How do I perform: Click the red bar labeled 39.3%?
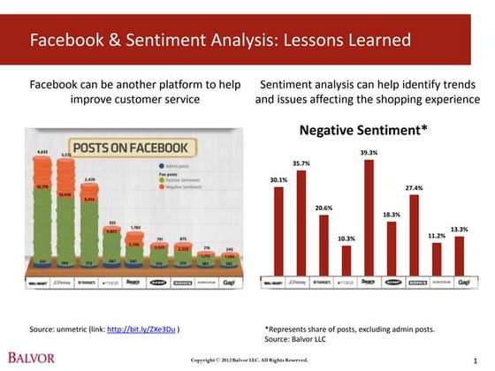(369, 217)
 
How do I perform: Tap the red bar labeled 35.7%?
(301, 223)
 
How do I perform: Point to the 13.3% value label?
(459, 229)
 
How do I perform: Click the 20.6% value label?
(324, 208)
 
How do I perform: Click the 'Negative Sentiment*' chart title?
(363, 130)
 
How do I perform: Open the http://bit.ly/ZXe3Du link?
(141, 329)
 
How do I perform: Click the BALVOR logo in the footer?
(31, 358)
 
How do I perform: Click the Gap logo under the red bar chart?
(459, 283)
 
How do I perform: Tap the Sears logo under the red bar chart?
(369, 283)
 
